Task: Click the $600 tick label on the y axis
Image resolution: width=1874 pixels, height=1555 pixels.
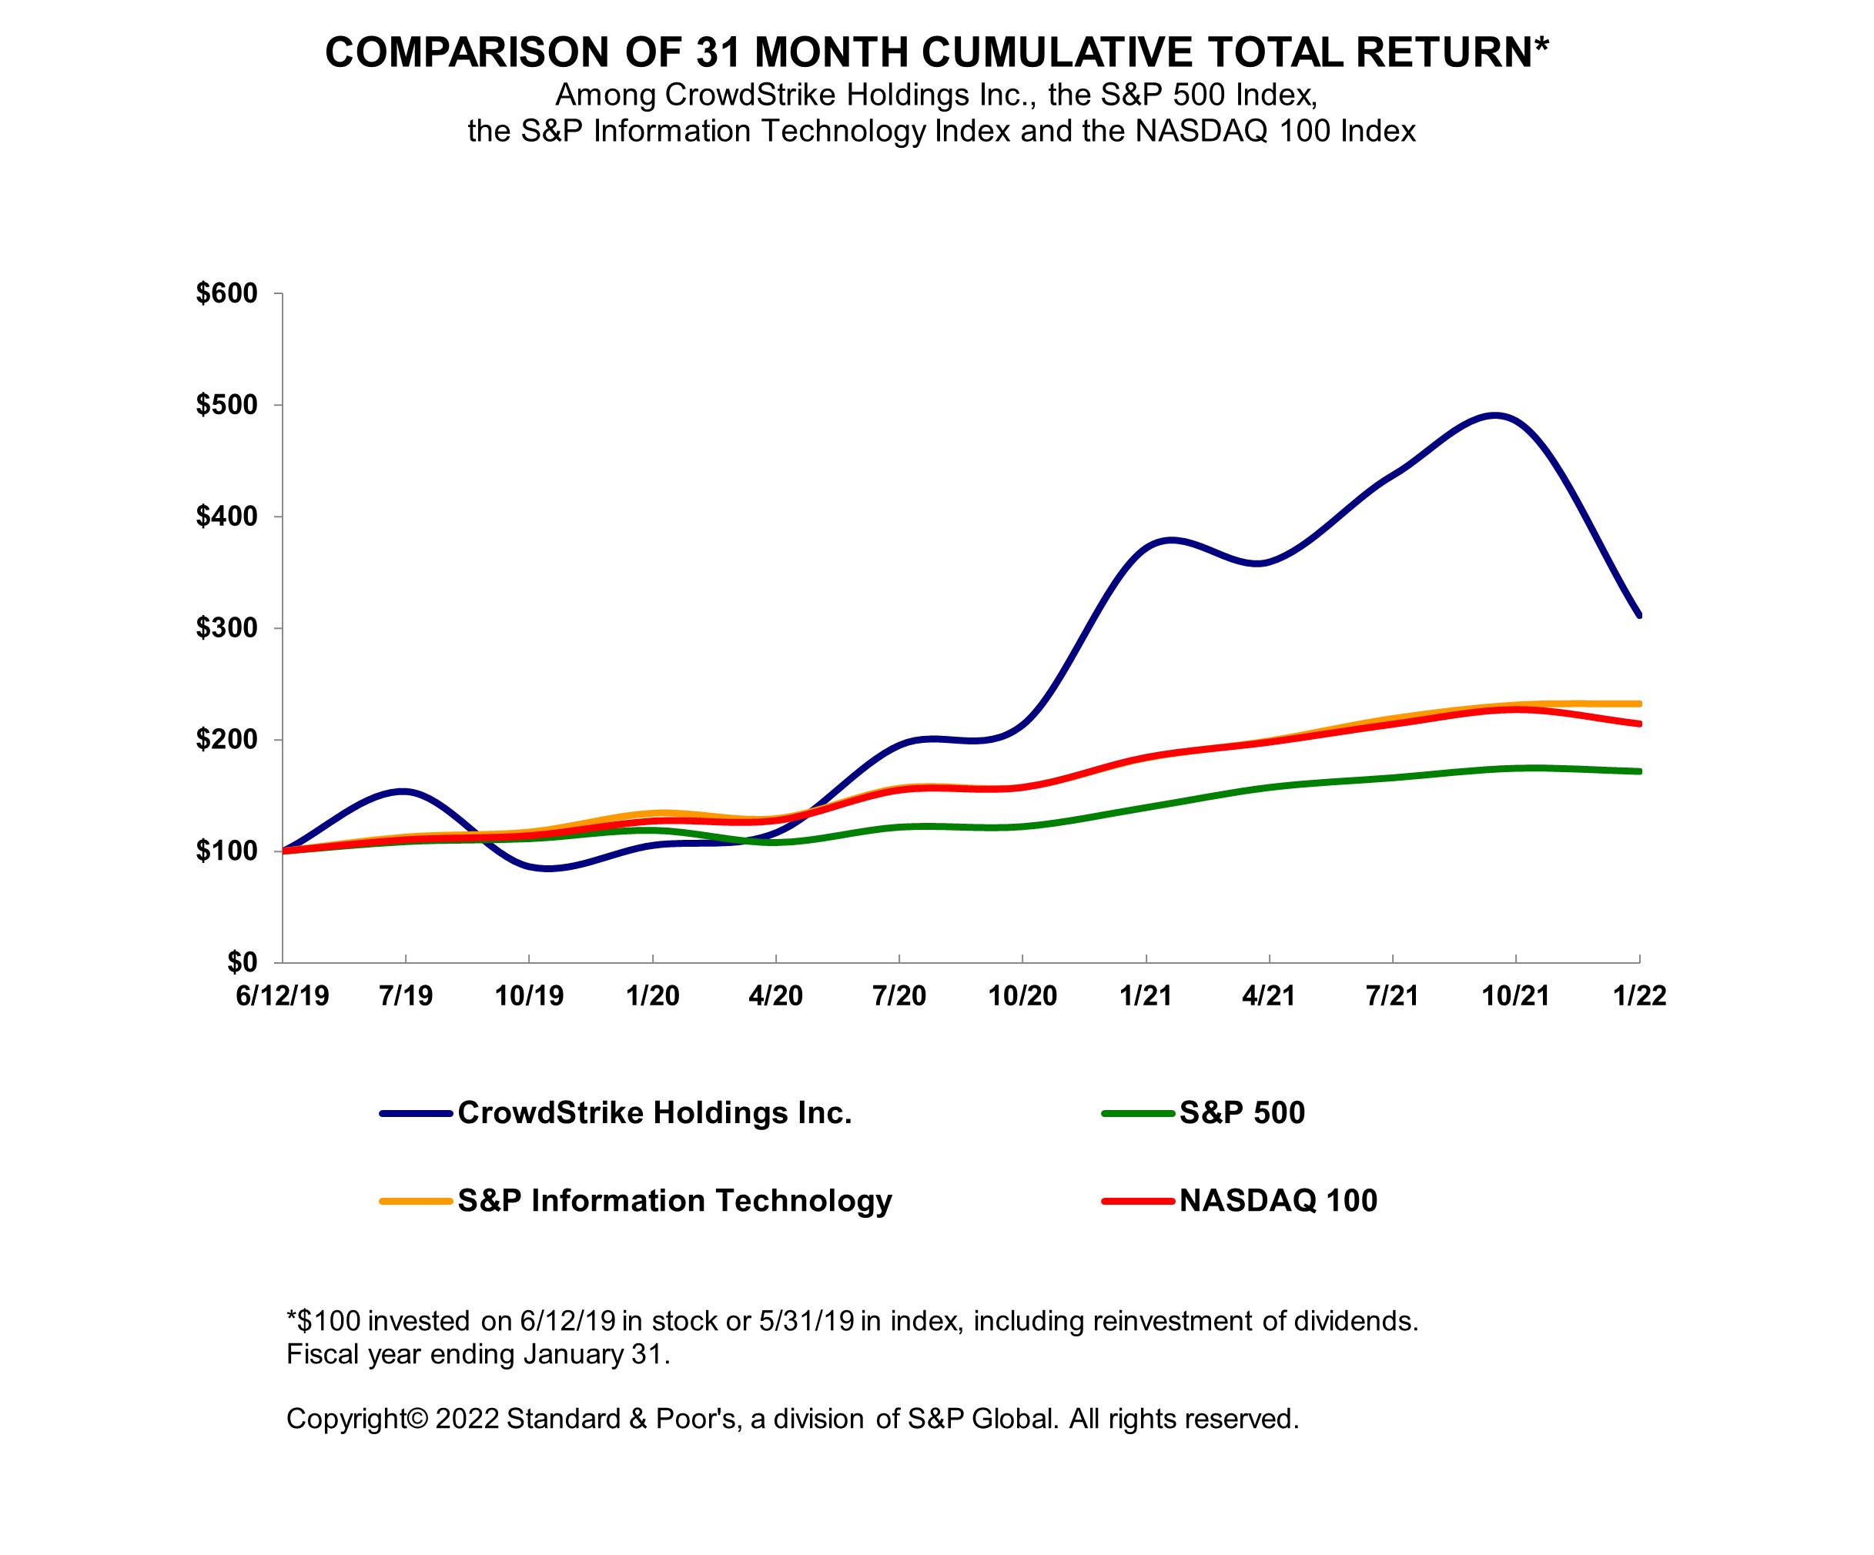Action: click(226, 293)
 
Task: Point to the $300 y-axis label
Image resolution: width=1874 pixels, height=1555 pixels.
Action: click(226, 628)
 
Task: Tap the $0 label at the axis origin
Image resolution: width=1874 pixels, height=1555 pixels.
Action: click(242, 961)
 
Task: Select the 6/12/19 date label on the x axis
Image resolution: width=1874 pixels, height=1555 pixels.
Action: click(282, 995)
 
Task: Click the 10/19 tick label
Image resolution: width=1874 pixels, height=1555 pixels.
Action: click(529, 995)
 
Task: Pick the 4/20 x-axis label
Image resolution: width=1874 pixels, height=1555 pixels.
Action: click(775, 995)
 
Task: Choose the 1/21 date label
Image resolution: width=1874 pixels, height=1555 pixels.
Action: click(1146, 995)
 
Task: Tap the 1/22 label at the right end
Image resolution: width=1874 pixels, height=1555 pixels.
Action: click(1639, 995)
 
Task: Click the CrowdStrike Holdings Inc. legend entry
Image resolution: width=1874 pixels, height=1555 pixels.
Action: click(654, 1112)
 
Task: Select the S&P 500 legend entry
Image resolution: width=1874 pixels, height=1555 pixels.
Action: click(1241, 1112)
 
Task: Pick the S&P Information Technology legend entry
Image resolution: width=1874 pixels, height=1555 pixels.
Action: click(674, 1201)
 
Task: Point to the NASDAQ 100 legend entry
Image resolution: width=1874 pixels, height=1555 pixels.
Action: click(1278, 1201)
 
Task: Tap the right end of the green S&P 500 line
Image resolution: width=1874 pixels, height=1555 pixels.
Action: click(1639, 771)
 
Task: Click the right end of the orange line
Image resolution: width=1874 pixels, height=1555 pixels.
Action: click(1639, 704)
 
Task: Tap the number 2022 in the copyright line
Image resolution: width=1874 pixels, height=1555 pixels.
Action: click(467, 1419)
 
